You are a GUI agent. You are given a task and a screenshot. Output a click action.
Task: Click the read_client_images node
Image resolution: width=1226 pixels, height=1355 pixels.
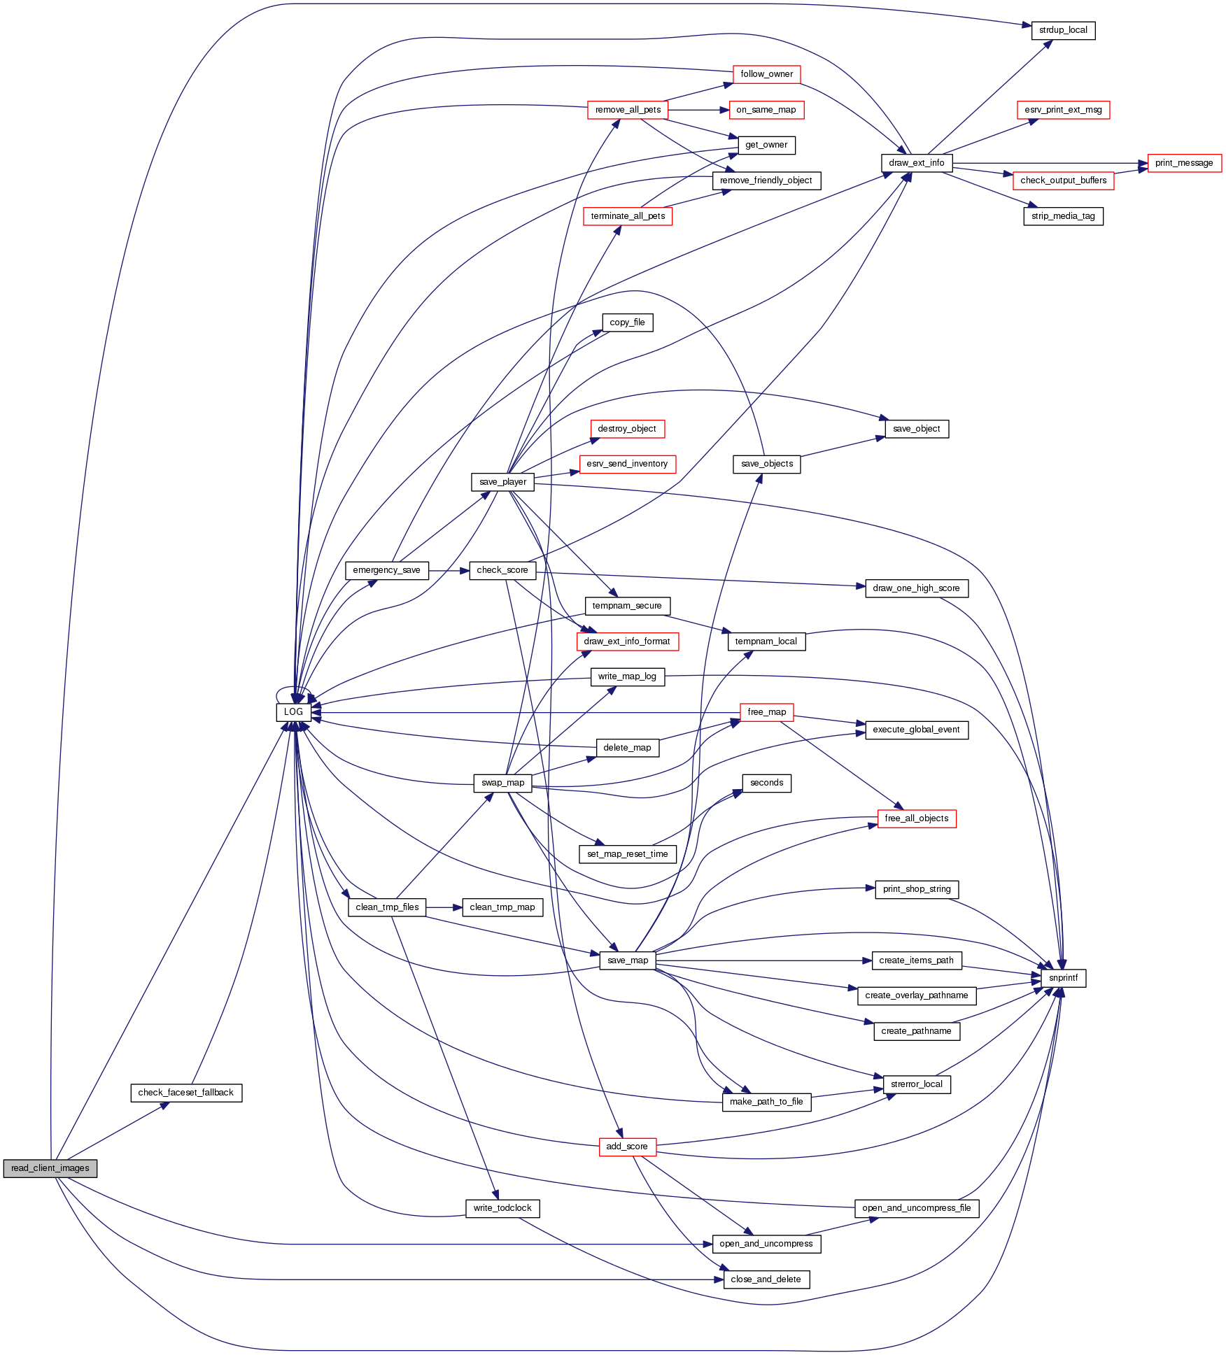pos(50,1168)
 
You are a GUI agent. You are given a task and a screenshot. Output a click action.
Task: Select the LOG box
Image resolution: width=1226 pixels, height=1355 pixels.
pos(293,712)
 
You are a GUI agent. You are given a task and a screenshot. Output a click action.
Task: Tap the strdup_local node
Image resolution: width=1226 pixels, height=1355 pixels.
pos(1063,31)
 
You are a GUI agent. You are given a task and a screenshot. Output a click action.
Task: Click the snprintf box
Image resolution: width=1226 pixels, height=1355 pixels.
pos(1063,978)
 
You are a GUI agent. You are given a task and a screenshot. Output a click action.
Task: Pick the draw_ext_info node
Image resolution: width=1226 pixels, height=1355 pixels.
pos(916,163)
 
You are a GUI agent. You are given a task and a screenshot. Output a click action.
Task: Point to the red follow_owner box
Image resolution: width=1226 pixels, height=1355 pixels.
pos(766,74)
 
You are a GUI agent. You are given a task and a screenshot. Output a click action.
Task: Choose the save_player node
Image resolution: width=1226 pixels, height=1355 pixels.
pos(502,482)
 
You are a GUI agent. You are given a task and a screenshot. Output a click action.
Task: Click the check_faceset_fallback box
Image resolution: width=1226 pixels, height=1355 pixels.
pos(186,1093)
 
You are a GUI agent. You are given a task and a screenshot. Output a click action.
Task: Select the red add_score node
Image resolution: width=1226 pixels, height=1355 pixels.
pos(627,1147)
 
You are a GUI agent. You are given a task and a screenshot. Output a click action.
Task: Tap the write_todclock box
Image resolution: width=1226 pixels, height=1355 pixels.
pos(502,1208)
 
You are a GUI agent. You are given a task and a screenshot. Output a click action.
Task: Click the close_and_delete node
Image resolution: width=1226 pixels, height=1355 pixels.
pos(766,1279)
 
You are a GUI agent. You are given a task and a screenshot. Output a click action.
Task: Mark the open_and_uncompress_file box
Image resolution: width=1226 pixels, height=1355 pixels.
pos(916,1208)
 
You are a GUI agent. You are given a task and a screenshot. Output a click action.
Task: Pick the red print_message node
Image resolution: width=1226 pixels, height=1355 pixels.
pos(1184,163)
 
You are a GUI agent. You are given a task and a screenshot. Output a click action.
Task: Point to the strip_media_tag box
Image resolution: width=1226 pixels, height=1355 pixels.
pos(1063,216)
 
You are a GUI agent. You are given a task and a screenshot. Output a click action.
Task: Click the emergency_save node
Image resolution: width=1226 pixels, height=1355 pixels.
pos(386,570)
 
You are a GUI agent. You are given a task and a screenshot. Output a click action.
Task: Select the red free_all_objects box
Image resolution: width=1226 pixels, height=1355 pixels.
pos(916,818)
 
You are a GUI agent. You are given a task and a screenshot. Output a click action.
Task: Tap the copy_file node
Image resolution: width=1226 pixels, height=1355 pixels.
pos(627,322)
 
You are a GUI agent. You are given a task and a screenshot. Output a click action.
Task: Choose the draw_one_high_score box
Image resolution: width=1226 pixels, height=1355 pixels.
pos(916,588)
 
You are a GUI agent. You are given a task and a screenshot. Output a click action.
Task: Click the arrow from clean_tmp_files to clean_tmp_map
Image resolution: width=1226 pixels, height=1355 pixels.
pos(444,907)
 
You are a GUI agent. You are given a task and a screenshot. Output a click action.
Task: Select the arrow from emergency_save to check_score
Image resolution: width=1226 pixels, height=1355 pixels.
pos(449,570)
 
